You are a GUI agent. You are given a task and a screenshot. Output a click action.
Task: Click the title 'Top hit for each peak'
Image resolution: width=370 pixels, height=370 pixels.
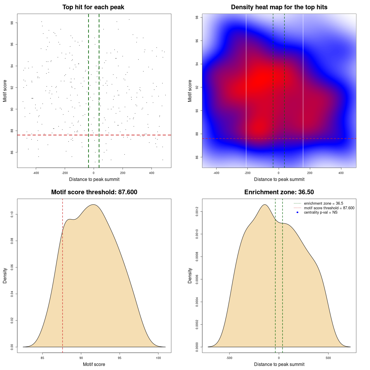[x=93, y=7]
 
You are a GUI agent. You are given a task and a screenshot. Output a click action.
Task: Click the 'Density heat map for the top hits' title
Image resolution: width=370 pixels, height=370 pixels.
[x=279, y=7]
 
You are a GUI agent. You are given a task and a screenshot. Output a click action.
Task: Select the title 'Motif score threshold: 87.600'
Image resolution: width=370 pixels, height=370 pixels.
[x=94, y=192]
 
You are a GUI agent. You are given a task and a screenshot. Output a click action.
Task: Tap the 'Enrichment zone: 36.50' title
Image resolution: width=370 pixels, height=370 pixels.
[x=279, y=192]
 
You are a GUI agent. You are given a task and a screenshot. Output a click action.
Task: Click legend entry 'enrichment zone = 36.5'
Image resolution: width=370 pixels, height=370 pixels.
[x=323, y=203]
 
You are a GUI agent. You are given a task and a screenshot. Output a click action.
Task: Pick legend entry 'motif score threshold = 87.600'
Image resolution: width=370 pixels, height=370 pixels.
[x=329, y=208]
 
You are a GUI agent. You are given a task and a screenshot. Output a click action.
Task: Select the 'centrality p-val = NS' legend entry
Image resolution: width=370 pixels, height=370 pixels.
[x=321, y=212]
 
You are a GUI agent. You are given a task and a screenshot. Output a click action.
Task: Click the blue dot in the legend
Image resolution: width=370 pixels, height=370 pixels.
[x=297, y=212]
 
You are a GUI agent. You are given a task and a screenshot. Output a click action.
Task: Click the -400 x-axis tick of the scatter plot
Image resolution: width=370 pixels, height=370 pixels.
[x=36, y=173]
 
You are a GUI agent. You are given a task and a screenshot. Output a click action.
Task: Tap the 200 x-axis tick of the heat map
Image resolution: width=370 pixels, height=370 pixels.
[x=310, y=173]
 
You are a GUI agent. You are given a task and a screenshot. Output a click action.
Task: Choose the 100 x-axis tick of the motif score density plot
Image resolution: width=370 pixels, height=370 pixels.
[x=158, y=358]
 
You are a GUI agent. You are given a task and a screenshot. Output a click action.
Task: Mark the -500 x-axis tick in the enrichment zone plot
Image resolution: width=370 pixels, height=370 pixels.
[x=229, y=358]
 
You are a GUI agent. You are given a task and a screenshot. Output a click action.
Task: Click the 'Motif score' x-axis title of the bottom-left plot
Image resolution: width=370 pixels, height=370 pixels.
[x=94, y=365]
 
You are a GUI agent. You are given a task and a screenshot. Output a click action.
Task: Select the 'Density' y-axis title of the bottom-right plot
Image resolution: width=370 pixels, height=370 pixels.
[x=190, y=275]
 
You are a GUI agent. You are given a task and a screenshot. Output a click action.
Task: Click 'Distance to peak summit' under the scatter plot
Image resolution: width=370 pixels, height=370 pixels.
[x=94, y=180]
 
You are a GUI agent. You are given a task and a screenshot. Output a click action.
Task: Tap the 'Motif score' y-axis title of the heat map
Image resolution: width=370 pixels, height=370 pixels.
[x=190, y=91]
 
